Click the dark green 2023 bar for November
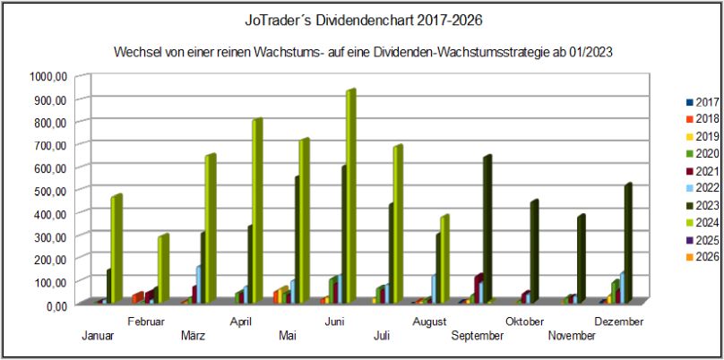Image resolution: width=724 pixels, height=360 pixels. (x=581, y=259)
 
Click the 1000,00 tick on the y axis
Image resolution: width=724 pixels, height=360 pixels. (x=48, y=76)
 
